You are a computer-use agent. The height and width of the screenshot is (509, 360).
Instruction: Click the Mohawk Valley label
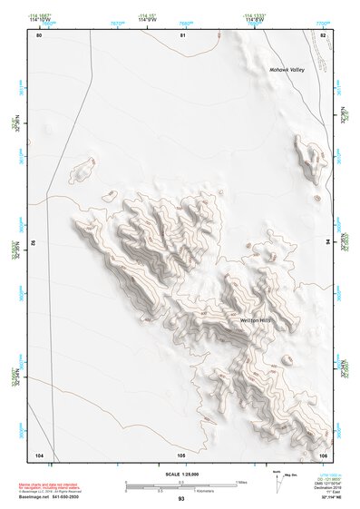point(287,70)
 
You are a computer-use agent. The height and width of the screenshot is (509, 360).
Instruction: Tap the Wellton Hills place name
point(257,321)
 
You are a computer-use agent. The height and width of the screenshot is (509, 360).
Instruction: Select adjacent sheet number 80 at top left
point(39,35)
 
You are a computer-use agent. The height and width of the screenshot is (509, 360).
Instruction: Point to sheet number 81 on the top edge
point(182,35)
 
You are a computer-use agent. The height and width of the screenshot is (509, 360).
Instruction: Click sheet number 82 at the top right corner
point(324,35)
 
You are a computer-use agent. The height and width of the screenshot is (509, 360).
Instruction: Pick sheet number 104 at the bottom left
point(39,454)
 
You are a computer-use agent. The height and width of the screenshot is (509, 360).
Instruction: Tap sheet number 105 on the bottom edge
point(181,454)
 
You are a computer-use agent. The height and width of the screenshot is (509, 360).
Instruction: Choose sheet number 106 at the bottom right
point(323,454)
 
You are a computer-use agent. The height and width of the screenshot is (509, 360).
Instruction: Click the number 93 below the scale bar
point(181,499)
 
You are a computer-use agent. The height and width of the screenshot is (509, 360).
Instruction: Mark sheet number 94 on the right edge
point(329,242)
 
